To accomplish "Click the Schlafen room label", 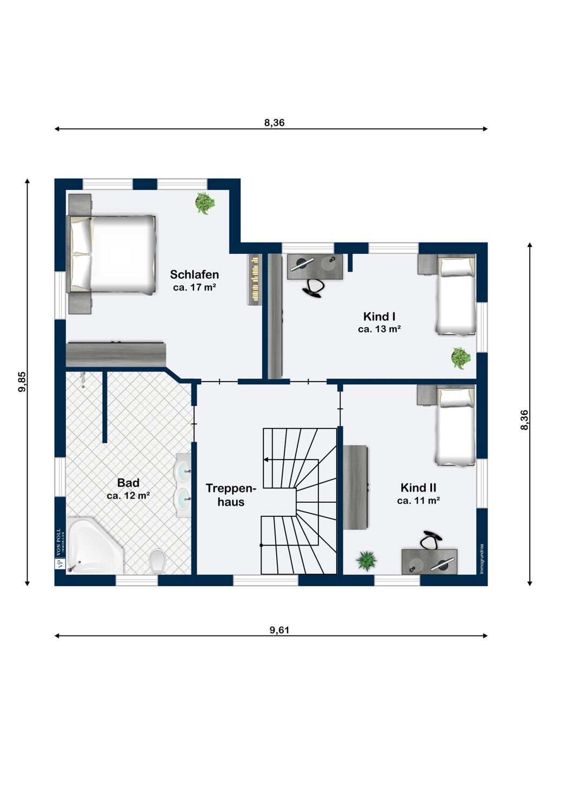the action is click(x=195, y=274).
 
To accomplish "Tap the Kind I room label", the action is click(x=379, y=317).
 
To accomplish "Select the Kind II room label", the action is click(x=418, y=488).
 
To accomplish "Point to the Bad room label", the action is click(x=128, y=482).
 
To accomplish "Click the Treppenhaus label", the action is click(x=231, y=495).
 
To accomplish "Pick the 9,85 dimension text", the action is click(x=22, y=382).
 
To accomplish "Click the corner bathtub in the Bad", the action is click(x=95, y=546).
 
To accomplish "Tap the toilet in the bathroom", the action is click(x=158, y=561).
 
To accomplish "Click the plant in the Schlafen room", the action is click(x=205, y=203).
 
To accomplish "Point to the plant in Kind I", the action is click(x=461, y=358).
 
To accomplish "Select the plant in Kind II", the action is click(x=367, y=561).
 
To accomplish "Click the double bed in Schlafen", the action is click(x=112, y=254).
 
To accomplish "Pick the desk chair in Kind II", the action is click(x=431, y=539).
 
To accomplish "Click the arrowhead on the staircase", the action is click(x=266, y=460).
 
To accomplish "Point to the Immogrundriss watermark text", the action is click(x=482, y=559).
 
